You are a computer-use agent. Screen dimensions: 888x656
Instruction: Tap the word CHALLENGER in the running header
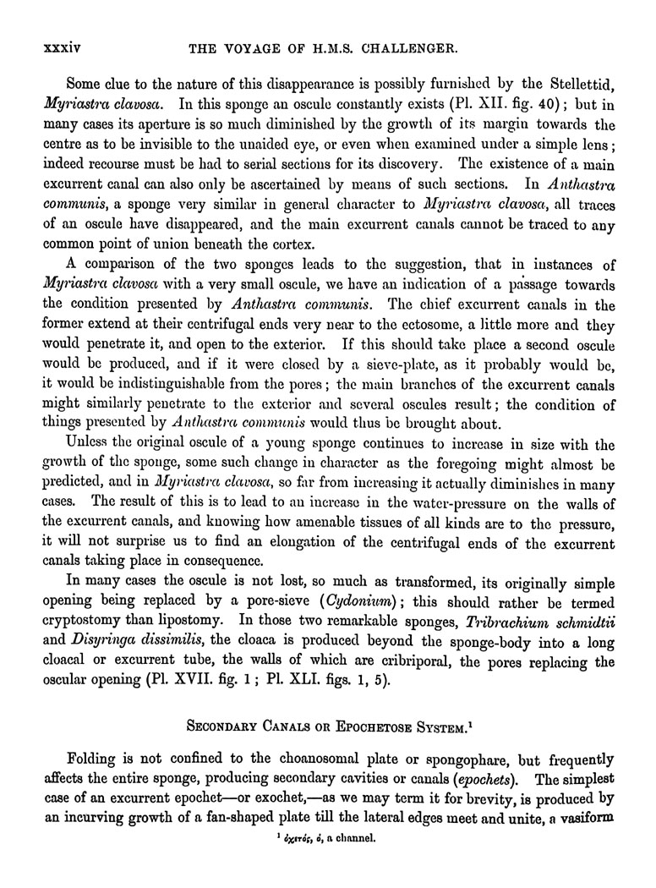point(410,50)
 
